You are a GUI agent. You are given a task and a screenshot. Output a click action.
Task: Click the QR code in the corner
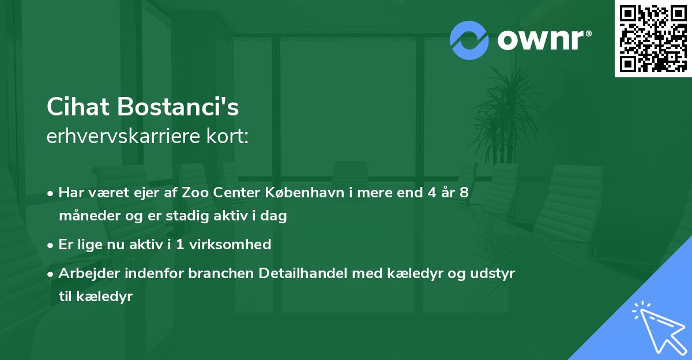click(653, 39)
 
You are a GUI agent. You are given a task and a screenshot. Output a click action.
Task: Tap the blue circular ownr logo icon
click(469, 40)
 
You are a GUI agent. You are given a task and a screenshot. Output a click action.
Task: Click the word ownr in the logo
click(539, 40)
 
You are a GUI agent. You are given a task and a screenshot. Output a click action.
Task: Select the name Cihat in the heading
click(78, 107)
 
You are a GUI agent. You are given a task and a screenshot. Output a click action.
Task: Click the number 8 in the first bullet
click(464, 193)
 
